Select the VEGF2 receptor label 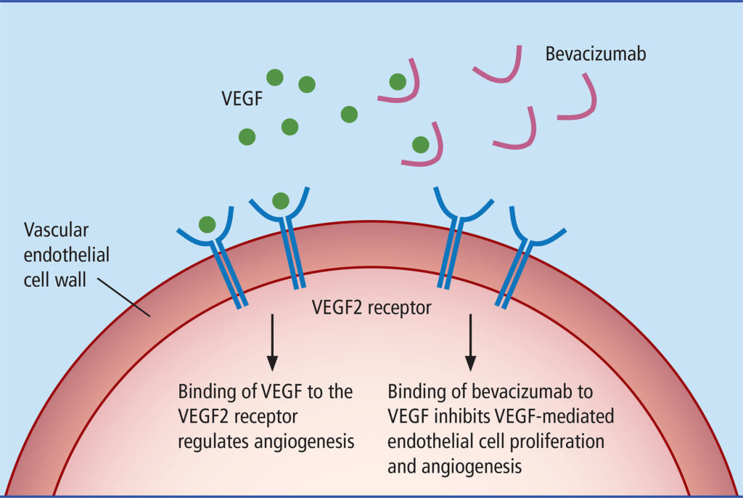(x=371, y=308)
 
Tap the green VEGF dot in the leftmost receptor (x=207, y=225)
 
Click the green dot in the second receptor (x=280, y=200)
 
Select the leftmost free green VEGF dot (x=247, y=136)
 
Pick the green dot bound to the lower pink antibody (x=419, y=144)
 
